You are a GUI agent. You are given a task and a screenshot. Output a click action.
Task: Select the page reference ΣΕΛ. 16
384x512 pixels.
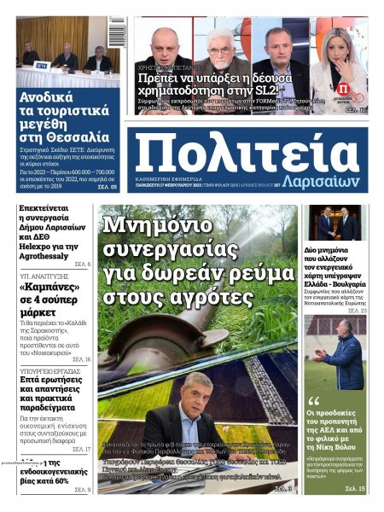pos(82,359)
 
